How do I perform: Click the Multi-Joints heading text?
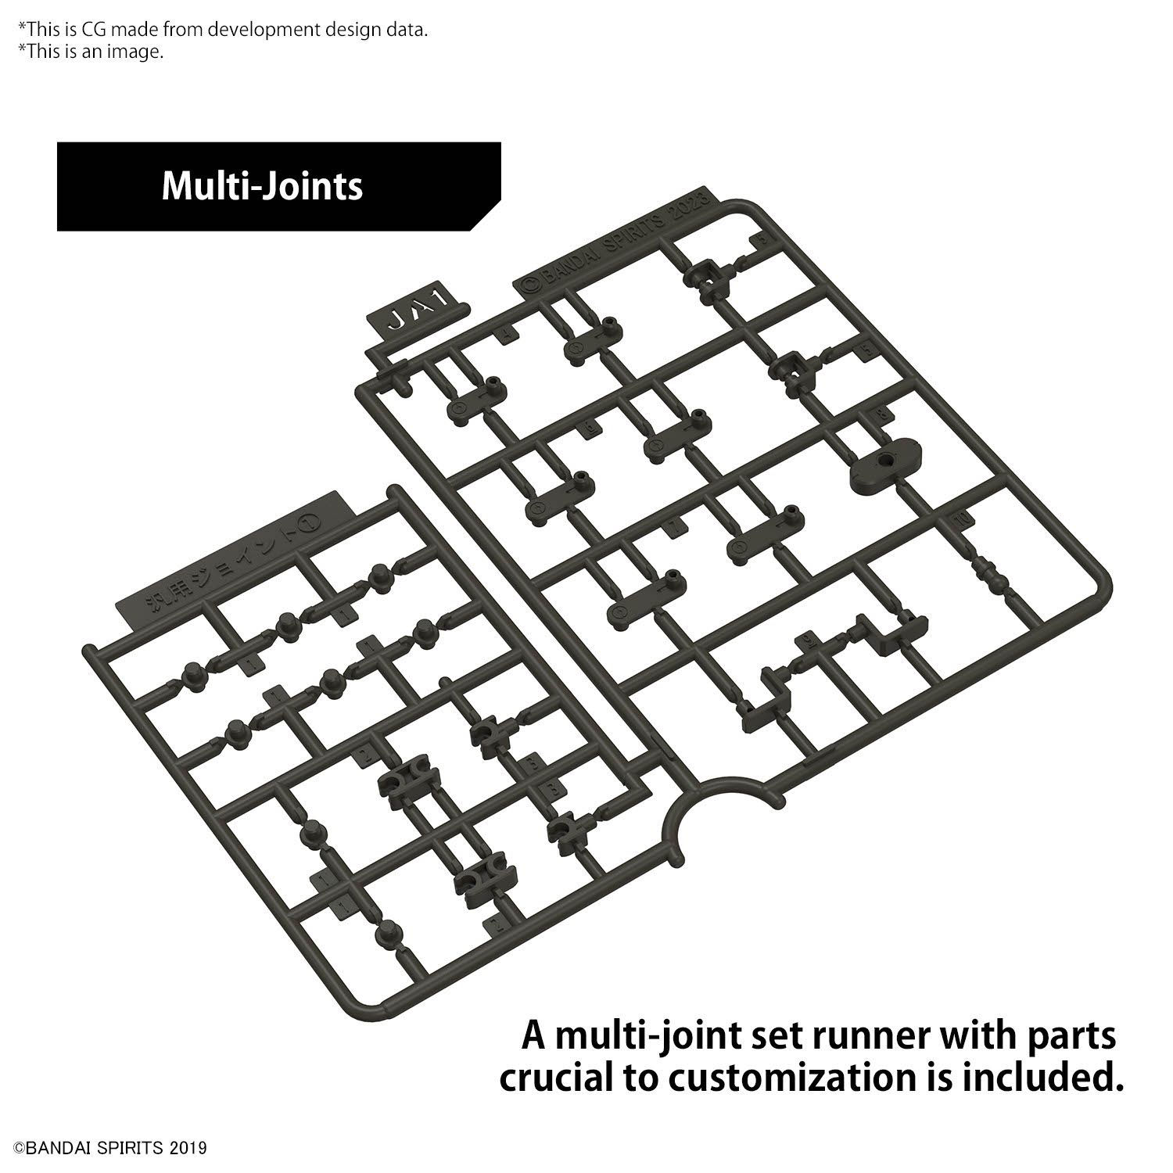click(x=262, y=186)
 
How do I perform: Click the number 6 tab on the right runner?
click(x=589, y=427)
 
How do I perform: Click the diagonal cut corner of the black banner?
click(x=486, y=215)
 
